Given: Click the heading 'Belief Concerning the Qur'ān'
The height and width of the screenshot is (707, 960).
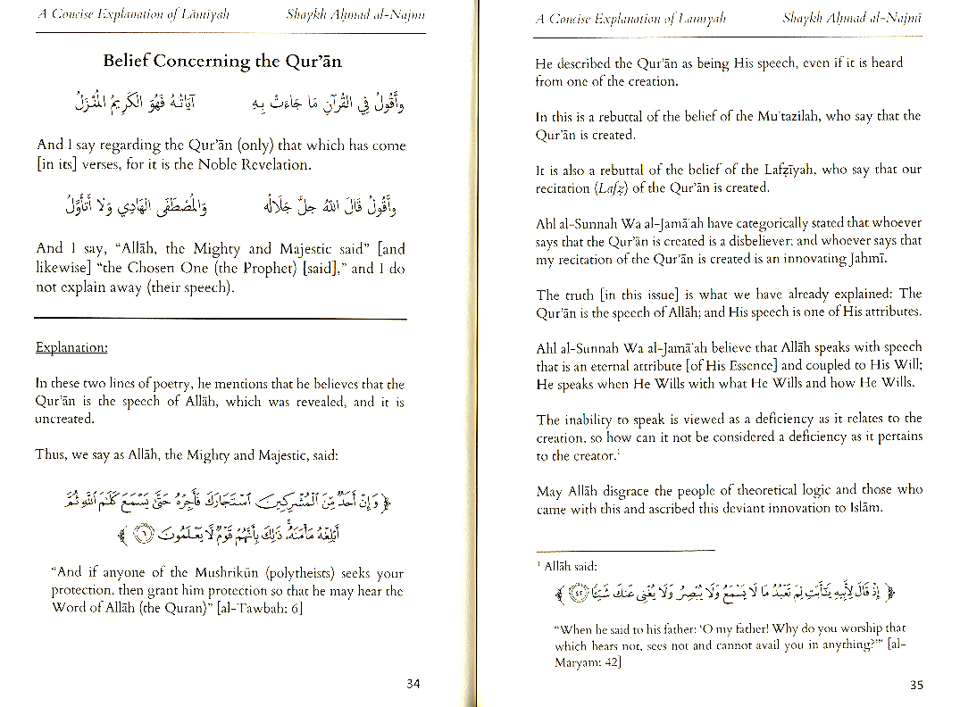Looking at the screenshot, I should pyautogui.click(x=221, y=62).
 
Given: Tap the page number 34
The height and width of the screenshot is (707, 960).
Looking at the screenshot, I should pyautogui.click(x=413, y=684).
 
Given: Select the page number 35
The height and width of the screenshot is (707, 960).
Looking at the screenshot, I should pyautogui.click(x=916, y=685).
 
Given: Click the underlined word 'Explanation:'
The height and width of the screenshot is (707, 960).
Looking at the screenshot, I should pyautogui.click(x=71, y=347).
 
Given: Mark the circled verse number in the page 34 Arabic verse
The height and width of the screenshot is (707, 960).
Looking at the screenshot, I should pyautogui.click(x=144, y=535).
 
